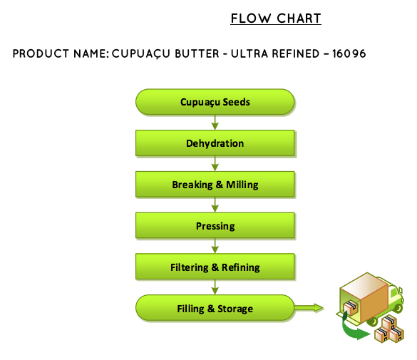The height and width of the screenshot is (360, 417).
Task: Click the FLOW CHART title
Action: pyautogui.click(x=276, y=19)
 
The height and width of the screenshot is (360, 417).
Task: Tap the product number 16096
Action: pyautogui.click(x=349, y=53)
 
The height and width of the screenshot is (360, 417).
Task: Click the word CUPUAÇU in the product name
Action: pyautogui.click(x=140, y=54)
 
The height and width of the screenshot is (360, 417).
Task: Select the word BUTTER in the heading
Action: pyautogui.click(x=197, y=53)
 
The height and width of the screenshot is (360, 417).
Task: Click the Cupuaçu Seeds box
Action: pyautogui.click(x=215, y=102)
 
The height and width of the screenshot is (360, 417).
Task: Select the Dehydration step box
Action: pyautogui.click(x=215, y=143)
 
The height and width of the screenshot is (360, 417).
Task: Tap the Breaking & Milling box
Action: pyautogui.click(x=215, y=184)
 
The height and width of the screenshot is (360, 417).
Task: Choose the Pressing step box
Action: pyautogui.click(x=215, y=225)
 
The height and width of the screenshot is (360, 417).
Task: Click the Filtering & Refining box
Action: pyautogui.click(x=215, y=267)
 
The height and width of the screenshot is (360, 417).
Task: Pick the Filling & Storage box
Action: pyautogui.click(x=215, y=308)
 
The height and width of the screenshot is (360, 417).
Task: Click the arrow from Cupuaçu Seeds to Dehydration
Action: pyautogui.click(x=215, y=123)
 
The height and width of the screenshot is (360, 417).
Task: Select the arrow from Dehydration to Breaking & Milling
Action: pyautogui.click(x=215, y=163)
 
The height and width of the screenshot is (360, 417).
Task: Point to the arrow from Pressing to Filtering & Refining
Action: pyautogui.click(x=215, y=246)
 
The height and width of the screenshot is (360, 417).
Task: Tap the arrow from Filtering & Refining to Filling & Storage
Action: pyautogui.click(x=215, y=287)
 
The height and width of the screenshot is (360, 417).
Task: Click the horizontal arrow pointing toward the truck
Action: pyautogui.click(x=309, y=308)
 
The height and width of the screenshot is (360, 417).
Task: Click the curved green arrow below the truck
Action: pyautogui.click(x=351, y=330)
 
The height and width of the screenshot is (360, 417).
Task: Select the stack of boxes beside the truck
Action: pyautogui.click(x=389, y=329)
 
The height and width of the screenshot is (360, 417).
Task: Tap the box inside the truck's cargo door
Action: pyautogui.click(x=351, y=308)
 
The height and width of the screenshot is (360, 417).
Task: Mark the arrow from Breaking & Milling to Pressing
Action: pyautogui.click(x=215, y=205)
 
